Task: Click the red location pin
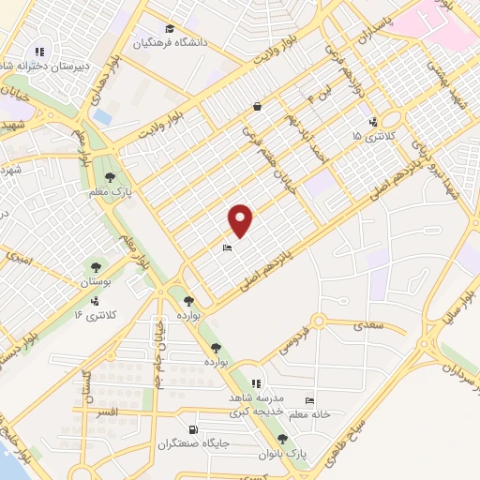(242, 220)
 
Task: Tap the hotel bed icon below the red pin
(227, 248)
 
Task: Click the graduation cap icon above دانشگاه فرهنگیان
(169, 28)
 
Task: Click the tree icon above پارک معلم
(110, 176)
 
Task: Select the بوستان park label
(96, 281)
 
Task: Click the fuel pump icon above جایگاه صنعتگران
(194, 429)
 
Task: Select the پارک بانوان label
(282, 453)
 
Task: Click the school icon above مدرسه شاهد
(255, 383)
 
